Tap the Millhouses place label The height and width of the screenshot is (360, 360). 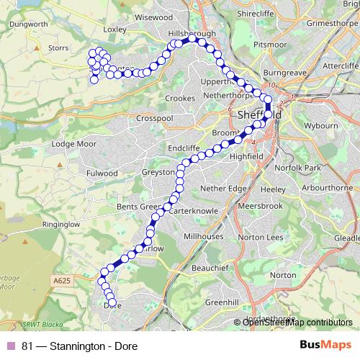click(204, 235)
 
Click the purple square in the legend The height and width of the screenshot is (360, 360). click(11, 346)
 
